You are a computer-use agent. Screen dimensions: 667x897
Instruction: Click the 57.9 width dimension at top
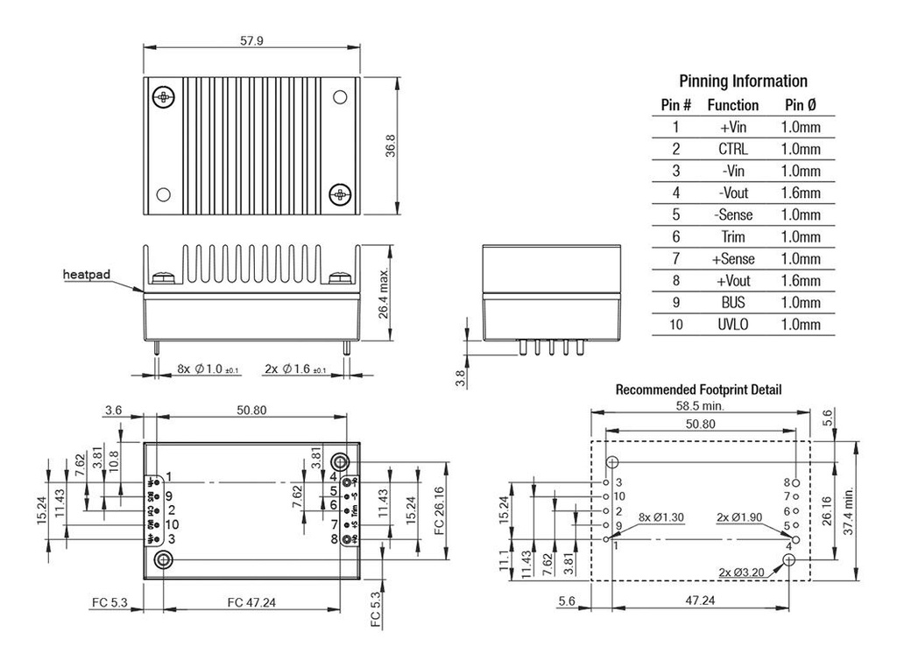(x=251, y=40)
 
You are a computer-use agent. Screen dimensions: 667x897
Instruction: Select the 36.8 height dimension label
(x=392, y=145)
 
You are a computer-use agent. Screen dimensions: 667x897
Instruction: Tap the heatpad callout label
(x=87, y=275)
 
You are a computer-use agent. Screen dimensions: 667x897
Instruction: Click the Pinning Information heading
(x=743, y=81)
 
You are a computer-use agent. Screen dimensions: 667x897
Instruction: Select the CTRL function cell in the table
(x=733, y=150)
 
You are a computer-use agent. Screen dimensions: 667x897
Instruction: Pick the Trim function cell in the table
(x=733, y=237)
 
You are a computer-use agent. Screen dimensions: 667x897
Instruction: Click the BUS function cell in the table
(x=733, y=303)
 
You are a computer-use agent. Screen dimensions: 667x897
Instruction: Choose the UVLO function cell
(x=733, y=325)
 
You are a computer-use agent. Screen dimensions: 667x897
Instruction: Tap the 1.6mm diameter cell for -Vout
(x=801, y=193)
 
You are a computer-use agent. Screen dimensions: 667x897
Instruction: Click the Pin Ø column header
(x=801, y=105)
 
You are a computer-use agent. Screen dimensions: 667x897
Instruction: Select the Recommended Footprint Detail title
(x=698, y=390)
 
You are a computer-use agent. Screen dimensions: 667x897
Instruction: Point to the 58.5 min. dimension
(x=699, y=405)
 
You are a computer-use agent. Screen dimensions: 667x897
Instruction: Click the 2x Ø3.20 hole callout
(x=741, y=572)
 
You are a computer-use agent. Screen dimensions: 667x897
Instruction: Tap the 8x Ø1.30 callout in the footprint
(x=661, y=517)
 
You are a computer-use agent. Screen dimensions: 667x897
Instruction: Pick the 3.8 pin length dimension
(x=461, y=377)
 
